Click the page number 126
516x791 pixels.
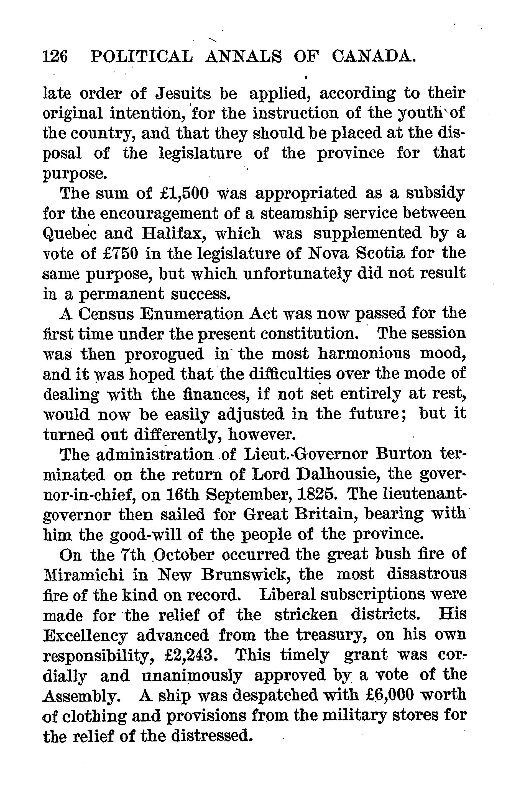(55, 57)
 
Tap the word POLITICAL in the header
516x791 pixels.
(142, 57)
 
